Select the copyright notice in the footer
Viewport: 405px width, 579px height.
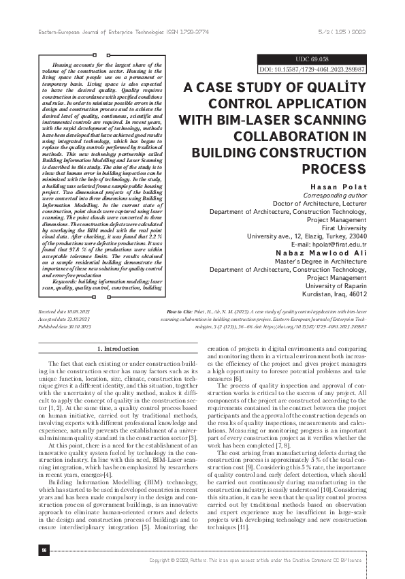259,559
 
